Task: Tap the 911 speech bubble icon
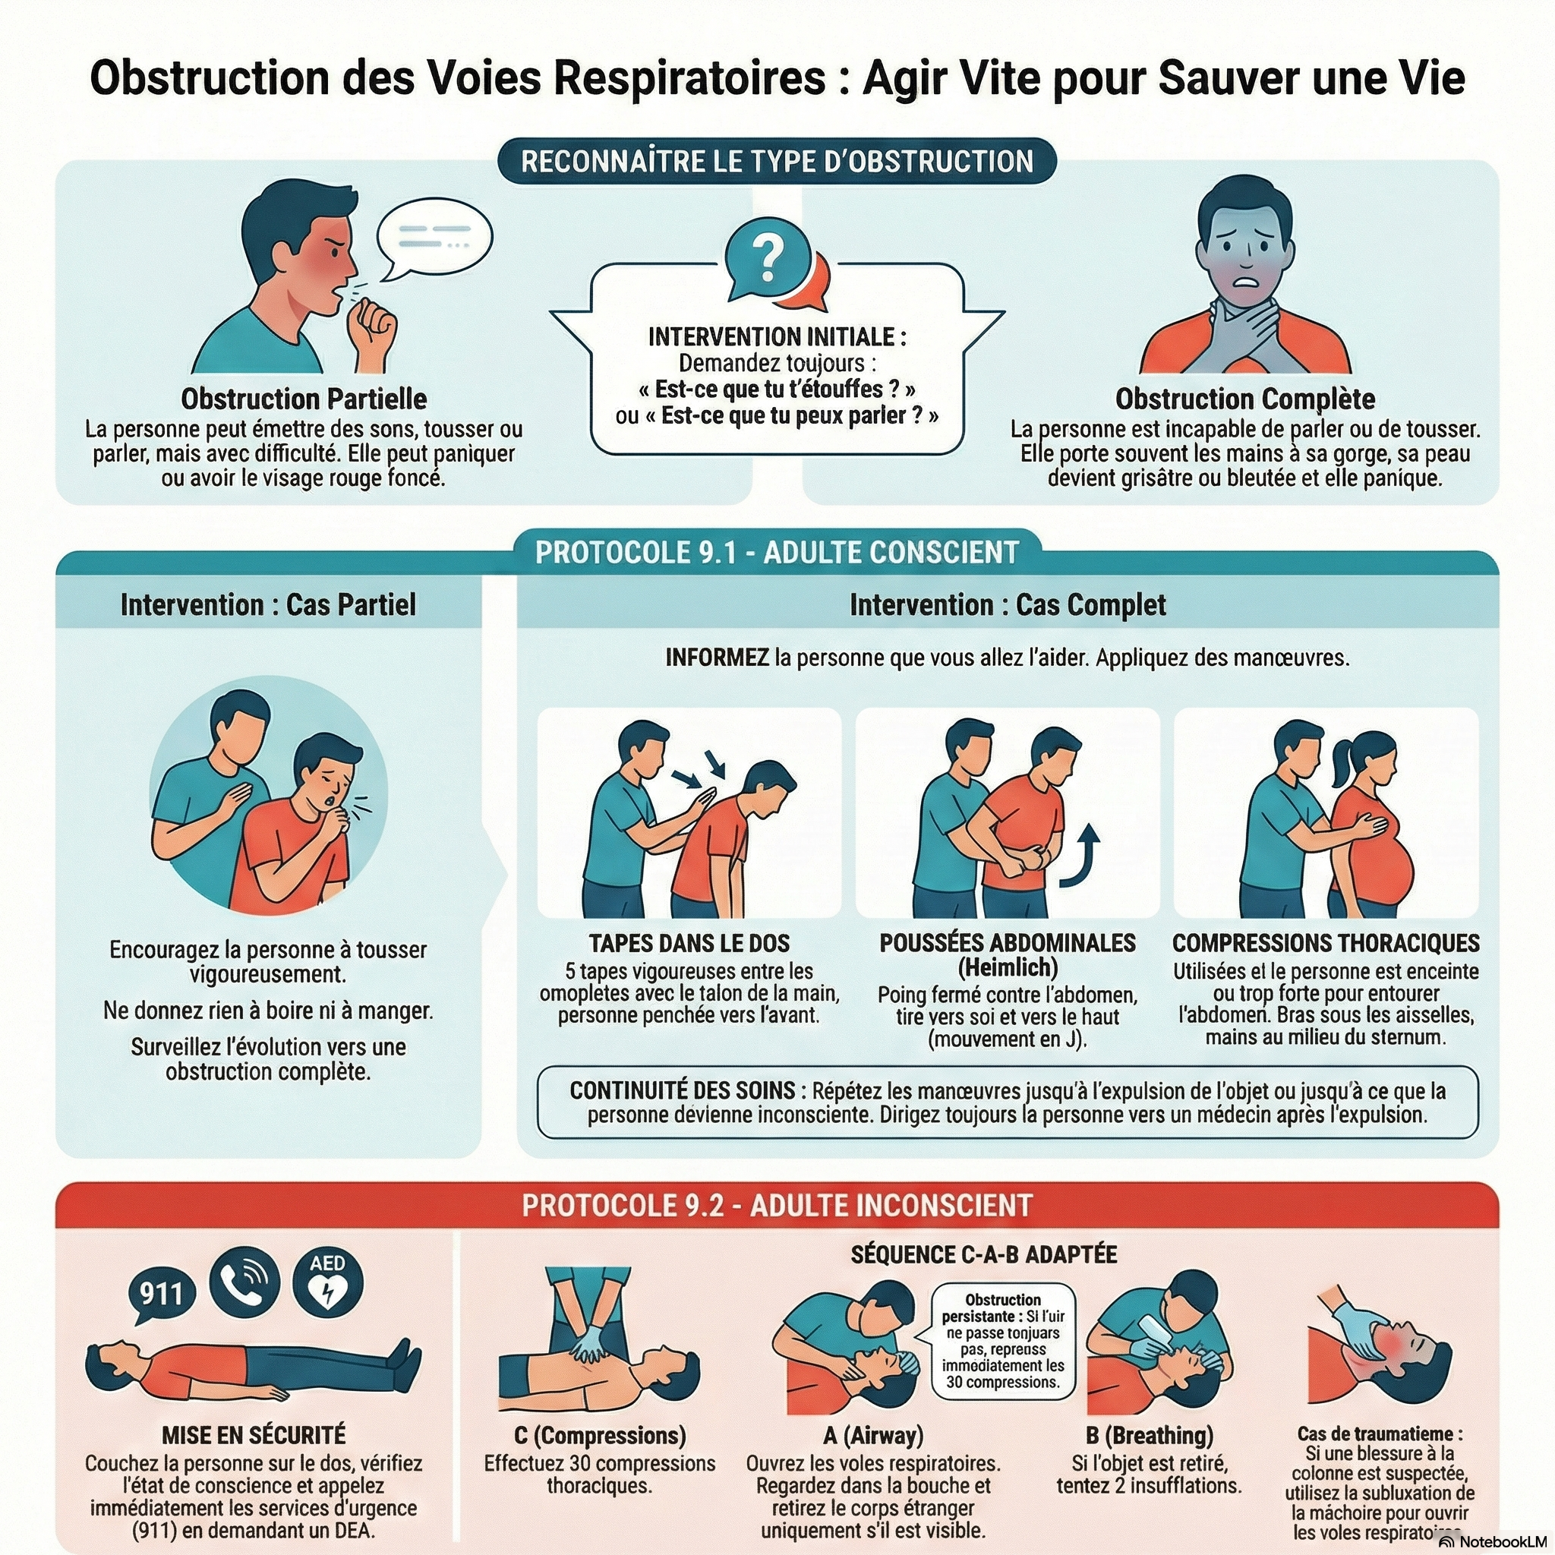point(162,1293)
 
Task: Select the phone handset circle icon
point(244,1282)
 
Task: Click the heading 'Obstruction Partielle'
point(304,399)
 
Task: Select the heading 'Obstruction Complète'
point(1244,399)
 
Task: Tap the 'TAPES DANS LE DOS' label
point(689,942)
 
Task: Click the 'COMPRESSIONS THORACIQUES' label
point(1326,942)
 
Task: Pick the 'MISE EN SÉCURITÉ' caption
point(254,1435)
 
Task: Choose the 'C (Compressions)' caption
point(600,1435)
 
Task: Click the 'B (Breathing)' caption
point(1150,1435)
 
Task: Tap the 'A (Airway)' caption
point(873,1435)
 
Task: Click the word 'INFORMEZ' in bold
point(717,658)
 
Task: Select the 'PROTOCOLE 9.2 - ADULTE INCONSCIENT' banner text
point(777,1205)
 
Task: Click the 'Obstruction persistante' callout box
point(1003,1341)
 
